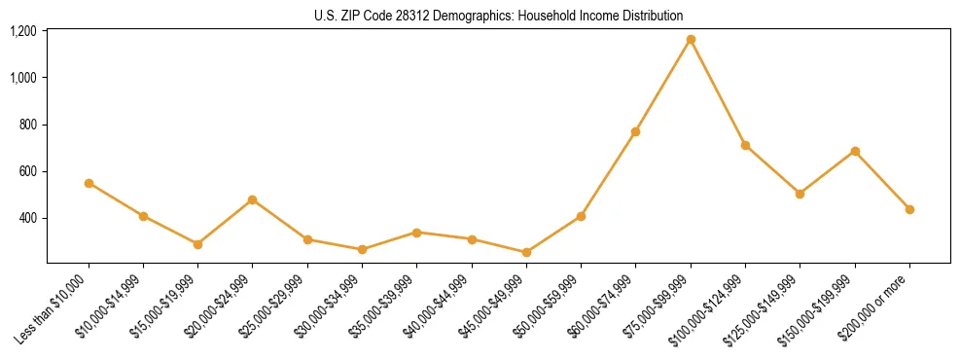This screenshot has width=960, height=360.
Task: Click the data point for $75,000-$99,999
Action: [x=691, y=40]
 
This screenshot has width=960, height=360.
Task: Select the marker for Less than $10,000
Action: [x=89, y=183]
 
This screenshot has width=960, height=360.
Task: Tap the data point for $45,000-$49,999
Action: [x=526, y=252]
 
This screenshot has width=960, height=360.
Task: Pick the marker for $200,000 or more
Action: [x=909, y=209]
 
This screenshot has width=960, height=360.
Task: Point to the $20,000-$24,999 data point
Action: [x=253, y=199]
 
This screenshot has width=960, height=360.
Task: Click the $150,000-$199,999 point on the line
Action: [x=855, y=151]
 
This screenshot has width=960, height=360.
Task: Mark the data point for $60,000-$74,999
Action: [x=635, y=131]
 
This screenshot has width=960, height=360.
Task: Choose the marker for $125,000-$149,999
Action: [x=800, y=194]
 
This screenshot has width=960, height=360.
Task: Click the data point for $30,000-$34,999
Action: [x=362, y=250]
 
